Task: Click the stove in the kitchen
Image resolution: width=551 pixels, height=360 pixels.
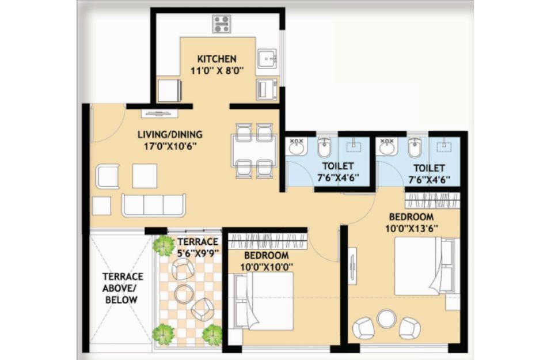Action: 222,24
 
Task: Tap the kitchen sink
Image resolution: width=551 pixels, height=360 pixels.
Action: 267,58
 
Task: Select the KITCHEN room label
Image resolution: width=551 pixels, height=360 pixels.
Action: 217,59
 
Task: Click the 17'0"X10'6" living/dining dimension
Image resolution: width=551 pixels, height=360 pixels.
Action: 170,146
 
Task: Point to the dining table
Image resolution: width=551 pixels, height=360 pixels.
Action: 254,150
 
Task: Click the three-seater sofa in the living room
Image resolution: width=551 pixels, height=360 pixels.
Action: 154,205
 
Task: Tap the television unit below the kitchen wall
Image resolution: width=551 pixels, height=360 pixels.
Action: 159,113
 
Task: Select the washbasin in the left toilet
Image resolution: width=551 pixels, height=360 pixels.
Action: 298,146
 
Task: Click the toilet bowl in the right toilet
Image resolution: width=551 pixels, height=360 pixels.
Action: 415,147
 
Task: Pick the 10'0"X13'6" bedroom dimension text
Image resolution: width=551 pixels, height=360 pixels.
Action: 412,229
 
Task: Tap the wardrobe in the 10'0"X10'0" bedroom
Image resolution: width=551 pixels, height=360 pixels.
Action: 268,241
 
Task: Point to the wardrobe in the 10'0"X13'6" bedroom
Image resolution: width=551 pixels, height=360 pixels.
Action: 432,200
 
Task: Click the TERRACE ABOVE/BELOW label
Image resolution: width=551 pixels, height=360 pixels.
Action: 122,288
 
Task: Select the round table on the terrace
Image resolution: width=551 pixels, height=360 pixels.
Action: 184,294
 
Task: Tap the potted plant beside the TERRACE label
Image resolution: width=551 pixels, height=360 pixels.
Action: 164,245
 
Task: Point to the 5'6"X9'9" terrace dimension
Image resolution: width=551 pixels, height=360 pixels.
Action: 198,253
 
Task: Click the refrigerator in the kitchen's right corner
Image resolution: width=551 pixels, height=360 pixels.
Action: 267,89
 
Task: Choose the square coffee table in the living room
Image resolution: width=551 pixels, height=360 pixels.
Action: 145,176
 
